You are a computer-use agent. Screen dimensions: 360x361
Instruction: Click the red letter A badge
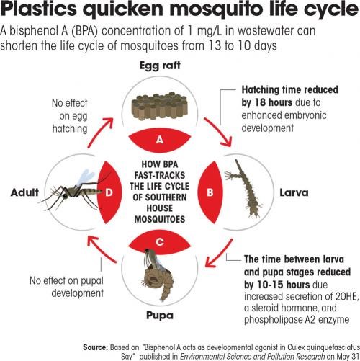160,139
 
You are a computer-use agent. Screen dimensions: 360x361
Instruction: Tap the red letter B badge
210,192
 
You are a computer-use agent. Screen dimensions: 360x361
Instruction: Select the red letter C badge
160,242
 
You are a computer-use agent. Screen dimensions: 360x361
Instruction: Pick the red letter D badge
109,192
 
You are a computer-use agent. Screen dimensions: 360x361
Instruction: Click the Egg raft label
160,66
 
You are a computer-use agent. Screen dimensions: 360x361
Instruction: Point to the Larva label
294,192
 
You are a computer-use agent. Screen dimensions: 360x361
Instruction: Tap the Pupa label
160,316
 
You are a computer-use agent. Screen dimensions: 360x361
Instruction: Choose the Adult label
24,192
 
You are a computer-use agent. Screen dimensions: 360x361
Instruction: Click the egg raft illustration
159,106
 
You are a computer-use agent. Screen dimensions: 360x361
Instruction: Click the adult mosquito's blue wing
86,177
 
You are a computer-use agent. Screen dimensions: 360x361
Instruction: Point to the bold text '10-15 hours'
284,285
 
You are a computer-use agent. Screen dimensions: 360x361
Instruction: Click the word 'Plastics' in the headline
39,9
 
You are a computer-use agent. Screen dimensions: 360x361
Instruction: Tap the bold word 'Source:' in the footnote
96,347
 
